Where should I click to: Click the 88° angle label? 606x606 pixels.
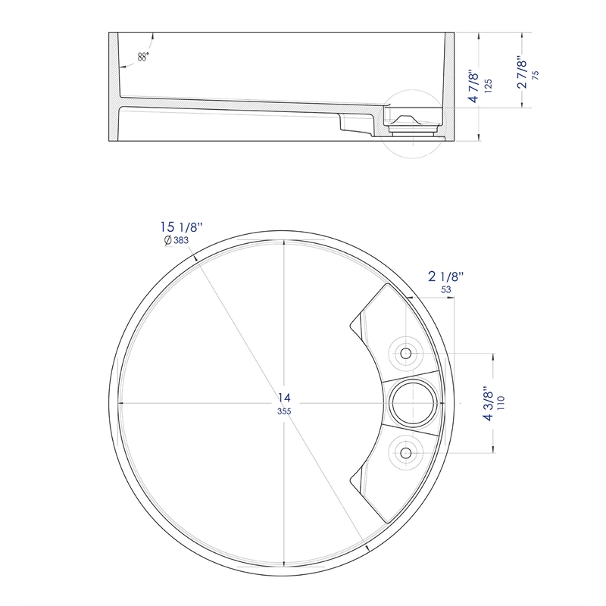143,57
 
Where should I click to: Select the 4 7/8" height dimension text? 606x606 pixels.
474,86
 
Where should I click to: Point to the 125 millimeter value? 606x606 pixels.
488,86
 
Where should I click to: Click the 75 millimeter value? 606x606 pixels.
536,75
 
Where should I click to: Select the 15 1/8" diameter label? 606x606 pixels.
181,226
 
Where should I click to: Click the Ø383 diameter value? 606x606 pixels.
176,240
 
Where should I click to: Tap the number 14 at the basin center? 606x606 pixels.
284,397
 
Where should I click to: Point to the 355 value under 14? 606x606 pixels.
284,411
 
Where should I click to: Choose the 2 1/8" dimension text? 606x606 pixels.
445,276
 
